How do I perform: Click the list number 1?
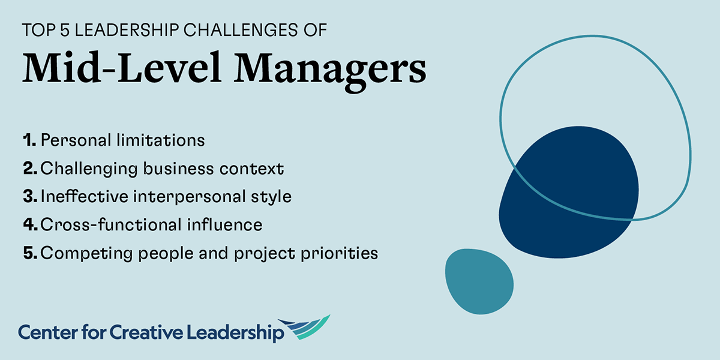click(x=28, y=140)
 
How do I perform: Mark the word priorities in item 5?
click(x=341, y=254)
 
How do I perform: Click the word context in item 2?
click(x=256, y=169)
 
